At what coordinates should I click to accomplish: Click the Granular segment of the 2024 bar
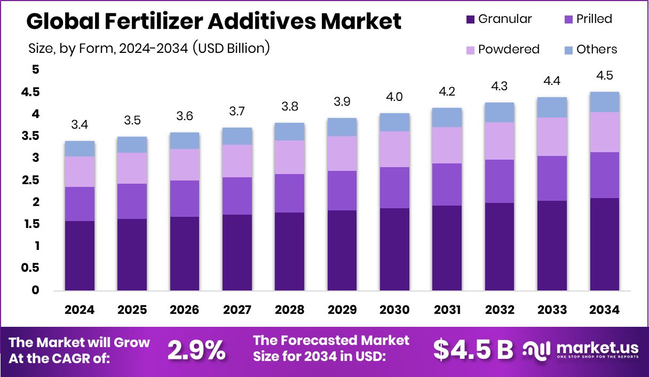pyautogui.click(x=80, y=255)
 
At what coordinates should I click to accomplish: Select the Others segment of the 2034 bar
pyautogui.click(x=604, y=101)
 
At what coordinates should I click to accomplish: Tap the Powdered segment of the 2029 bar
pyautogui.click(x=342, y=153)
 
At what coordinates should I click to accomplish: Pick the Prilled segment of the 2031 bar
pyautogui.click(x=447, y=184)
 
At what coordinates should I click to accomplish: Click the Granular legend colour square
pyautogui.click(x=470, y=19)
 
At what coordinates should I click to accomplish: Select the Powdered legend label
pyautogui.click(x=509, y=50)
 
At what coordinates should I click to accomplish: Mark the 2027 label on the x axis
pyautogui.click(x=237, y=310)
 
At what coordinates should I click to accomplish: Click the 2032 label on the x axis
pyautogui.click(x=499, y=310)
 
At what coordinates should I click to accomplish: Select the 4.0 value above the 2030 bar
pyautogui.click(x=394, y=97)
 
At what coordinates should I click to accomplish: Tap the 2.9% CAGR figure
pyautogui.click(x=196, y=350)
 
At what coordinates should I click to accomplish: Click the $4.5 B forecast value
pyautogui.click(x=473, y=350)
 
